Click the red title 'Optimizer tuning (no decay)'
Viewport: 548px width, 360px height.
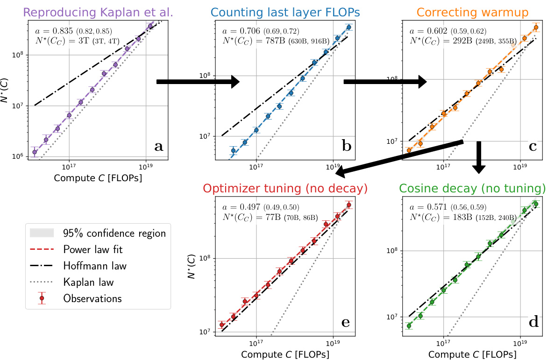[285, 189]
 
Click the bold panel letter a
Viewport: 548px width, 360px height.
[159, 147]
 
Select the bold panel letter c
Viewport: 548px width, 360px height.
[533, 147]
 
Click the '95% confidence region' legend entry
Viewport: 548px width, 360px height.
[114, 233]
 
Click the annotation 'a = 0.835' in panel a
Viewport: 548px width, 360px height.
[53, 31]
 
